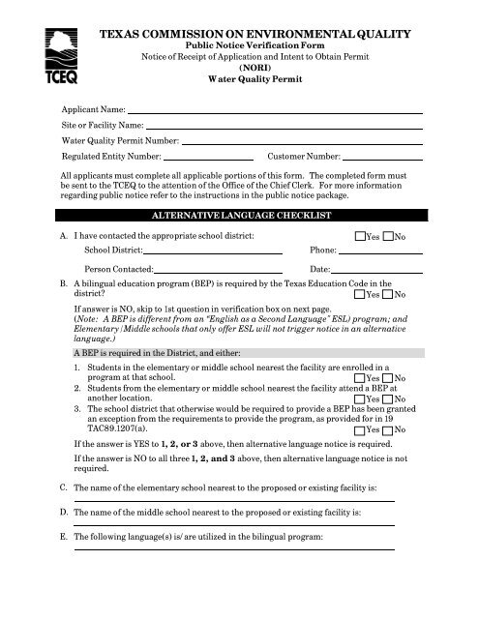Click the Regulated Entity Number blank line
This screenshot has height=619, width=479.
click(208, 157)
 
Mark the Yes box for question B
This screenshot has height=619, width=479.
click(361, 294)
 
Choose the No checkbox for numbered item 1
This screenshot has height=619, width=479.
click(389, 378)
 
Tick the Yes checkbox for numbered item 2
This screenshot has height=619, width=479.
click(361, 398)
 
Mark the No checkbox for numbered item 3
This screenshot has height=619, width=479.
click(389, 428)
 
